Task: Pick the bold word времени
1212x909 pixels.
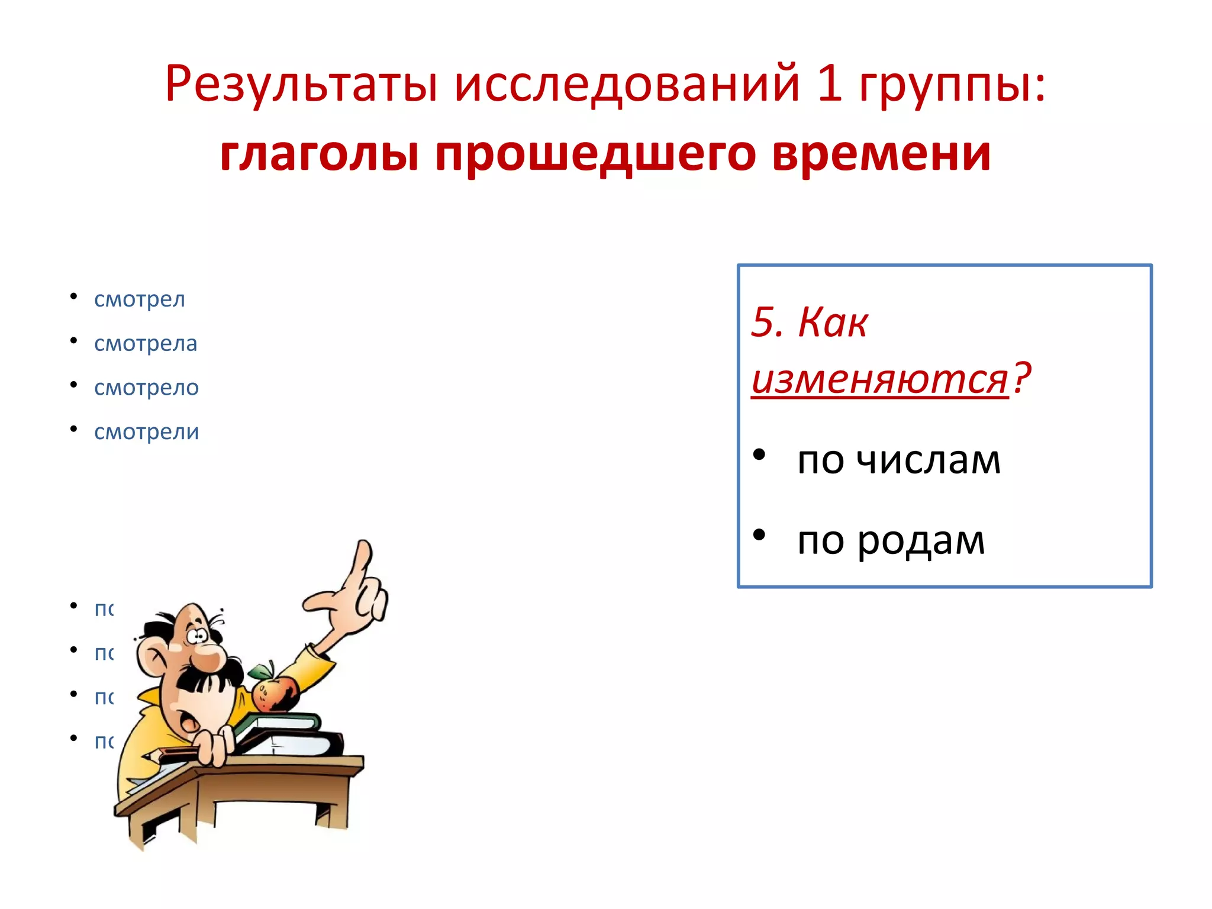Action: click(882, 154)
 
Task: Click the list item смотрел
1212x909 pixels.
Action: click(140, 299)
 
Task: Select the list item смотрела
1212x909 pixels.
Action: click(146, 344)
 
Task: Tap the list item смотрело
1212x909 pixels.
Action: click(146, 388)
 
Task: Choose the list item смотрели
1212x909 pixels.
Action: click(146, 432)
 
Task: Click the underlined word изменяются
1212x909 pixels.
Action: click(880, 379)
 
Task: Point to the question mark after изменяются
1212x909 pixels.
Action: click(1021, 378)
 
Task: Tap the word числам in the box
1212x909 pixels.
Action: click(929, 460)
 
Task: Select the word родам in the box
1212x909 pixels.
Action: click(921, 540)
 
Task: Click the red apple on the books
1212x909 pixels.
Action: click(275, 694)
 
